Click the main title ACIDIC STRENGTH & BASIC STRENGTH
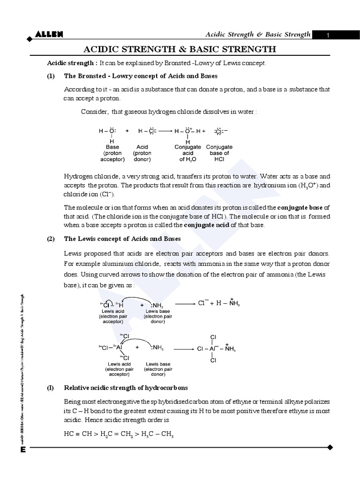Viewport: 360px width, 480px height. [x=180, y=49]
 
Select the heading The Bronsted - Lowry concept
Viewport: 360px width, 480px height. [x=141, y=76]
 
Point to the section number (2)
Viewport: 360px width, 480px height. [x=51, y=239]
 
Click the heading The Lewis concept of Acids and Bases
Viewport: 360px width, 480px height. [x=122, y=239]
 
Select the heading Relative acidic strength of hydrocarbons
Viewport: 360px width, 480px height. [x=126, y=388]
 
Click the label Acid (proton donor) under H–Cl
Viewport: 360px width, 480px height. [x=142, y=153]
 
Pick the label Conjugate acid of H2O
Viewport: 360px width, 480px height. [x=187, y=153]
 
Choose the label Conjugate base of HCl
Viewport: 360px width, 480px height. [x=219, y=153]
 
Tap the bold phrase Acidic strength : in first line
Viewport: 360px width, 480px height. [x=72, y=63]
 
